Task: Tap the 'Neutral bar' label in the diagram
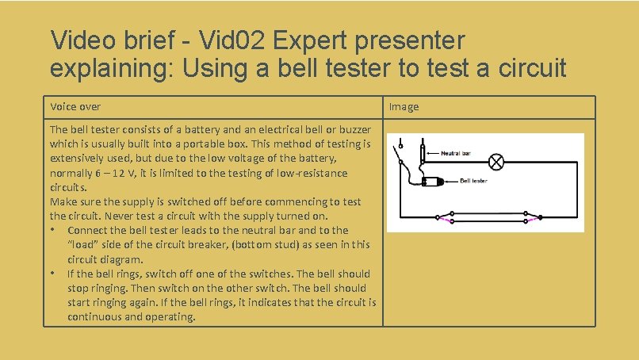point(457,153)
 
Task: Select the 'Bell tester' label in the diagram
point(474,181)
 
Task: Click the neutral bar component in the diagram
point(421,155)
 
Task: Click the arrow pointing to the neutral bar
point(431,154)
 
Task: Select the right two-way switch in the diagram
point(533,216)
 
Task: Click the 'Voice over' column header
point(75,107)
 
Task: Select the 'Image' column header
point(404,107)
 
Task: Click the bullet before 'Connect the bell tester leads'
point(52,230)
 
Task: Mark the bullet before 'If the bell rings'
point(52,274)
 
